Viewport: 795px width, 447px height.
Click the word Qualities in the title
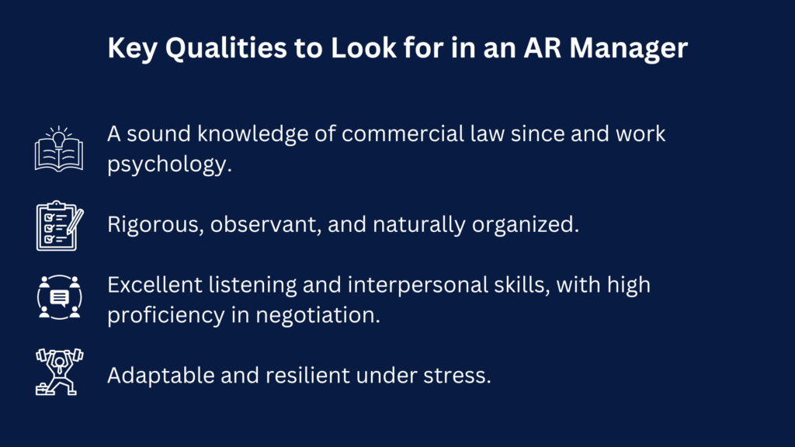226,49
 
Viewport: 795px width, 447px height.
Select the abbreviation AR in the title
542,47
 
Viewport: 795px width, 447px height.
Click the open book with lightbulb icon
59,149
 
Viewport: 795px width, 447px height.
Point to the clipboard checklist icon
60,226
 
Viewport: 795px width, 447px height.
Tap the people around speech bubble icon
59,297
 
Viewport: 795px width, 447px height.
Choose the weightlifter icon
59,372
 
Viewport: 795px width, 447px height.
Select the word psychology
169,165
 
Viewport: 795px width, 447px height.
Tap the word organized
526,225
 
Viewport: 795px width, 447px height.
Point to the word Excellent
154,285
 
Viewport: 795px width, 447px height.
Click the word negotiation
318,315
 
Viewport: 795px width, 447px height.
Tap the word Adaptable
161,376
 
